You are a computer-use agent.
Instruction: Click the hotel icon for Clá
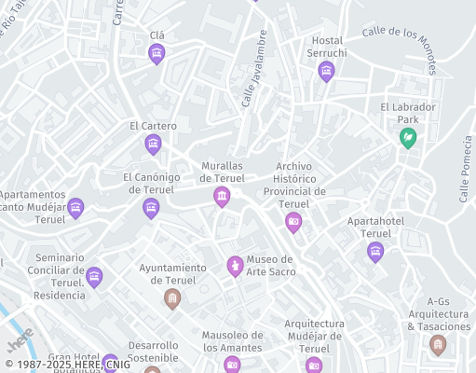pyautogui.click(x=156, y=54)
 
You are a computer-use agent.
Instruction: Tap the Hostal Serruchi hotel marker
pyautogui.click(x=326, y=72)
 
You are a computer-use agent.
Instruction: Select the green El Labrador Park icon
pyautogui.click(x=407, y=138)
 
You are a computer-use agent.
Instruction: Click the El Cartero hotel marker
pyautogui.click(x=153, y=144)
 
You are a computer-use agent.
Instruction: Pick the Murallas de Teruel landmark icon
pyautogui.click(x=222, y=196)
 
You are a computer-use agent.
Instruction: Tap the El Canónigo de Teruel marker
pyautogui.click(x=151, y=208)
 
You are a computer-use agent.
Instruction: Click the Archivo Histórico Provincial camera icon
pyautogui.click(x=293, y=222)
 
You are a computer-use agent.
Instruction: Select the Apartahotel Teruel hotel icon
pyautogui.click(x=375, y=251)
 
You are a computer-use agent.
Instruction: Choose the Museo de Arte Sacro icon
pyautogui.click(x=236, y=267)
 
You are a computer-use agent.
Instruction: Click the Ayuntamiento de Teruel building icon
pyautogui.click(x=171, y=298)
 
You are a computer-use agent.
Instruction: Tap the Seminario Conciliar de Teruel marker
pyautogui.click(x=93, y=277)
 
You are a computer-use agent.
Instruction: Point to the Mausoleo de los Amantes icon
pyautogui.click(x=232, y=364)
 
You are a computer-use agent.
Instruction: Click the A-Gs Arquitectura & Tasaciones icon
pyautogui.click(x=438, y=345)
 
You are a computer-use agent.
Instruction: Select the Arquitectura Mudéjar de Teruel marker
pyautogui.click(x=314, y=365)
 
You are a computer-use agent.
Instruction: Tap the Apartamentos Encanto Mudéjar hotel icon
pyautogui.click(x=75, y=208)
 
